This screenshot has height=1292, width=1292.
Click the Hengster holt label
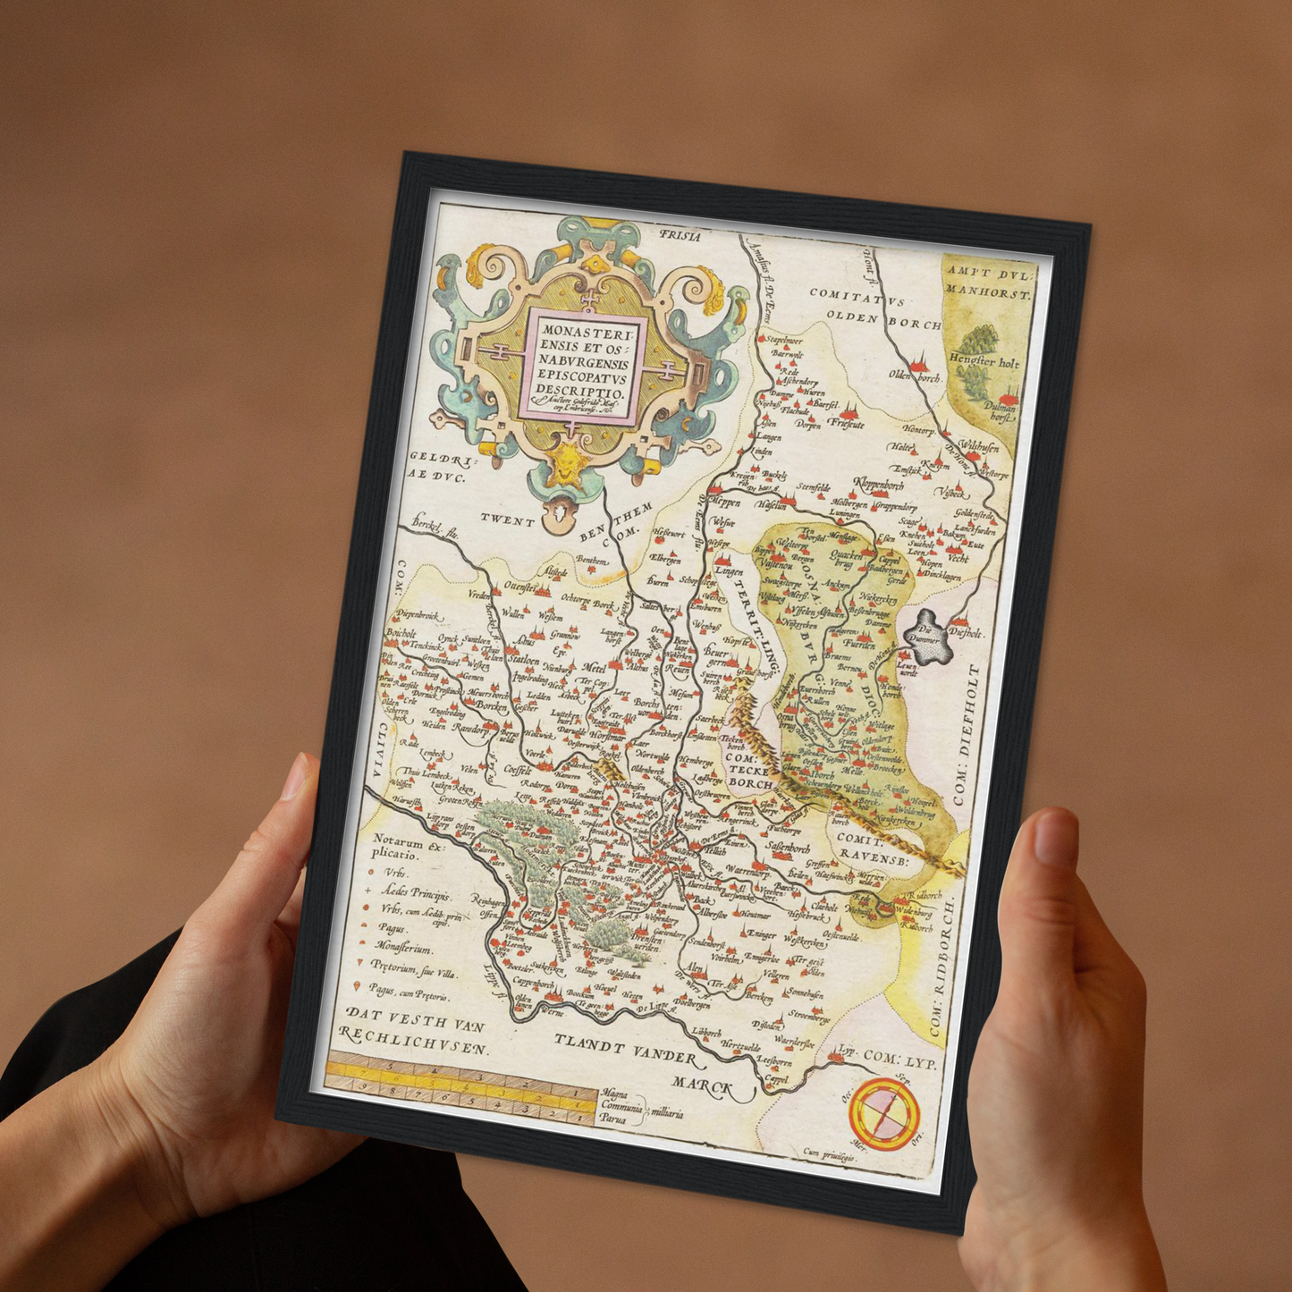pos(984,362)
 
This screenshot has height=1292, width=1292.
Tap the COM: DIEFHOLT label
pos(967,735)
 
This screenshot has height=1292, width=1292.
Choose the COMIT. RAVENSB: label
pos(872,849)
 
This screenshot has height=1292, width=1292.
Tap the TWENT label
pos(507,520)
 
